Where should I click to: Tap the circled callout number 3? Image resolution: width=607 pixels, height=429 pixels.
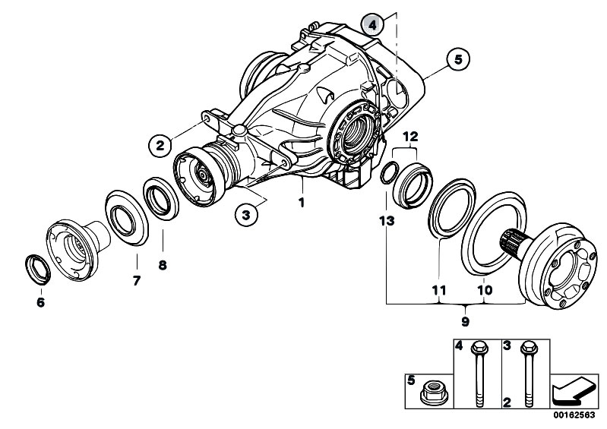pos(246,215)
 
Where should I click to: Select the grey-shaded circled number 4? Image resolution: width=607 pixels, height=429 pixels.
pos(372,26)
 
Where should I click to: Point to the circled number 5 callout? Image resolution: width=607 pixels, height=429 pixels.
pos(458,58)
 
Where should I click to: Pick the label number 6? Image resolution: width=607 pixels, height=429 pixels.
pos(40,301)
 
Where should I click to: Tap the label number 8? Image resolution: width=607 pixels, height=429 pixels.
pos(163,266)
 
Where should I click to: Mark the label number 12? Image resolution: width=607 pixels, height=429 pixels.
pos(410,137)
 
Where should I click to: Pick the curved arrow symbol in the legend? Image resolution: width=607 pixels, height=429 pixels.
pos(574,391)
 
